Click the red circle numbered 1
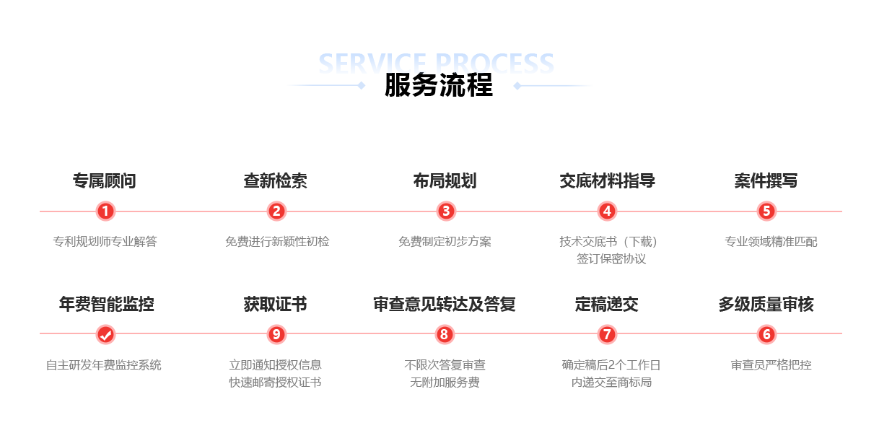[x=105, y=211]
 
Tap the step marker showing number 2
[x=276, y=211]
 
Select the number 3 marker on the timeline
[x=446, y=211]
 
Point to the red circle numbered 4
[x=607, y=211]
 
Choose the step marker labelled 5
[x=766, y=211]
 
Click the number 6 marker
[x=766, y=334]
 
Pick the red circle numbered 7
[x=607, y=334]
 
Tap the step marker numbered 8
[x=445, y=334]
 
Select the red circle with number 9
[x=276, y=334]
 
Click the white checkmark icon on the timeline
[x=105, y=334]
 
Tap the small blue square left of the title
[x=362, y=86]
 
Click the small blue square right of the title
[x=517, y=86]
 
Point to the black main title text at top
[x=439, y=85]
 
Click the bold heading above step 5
[x=766, y=180]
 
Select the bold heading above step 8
[x=445, y=304]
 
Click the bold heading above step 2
[x=276, y=180]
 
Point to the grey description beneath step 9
[x=276, y=373]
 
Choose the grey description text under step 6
[x=771, y=365]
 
